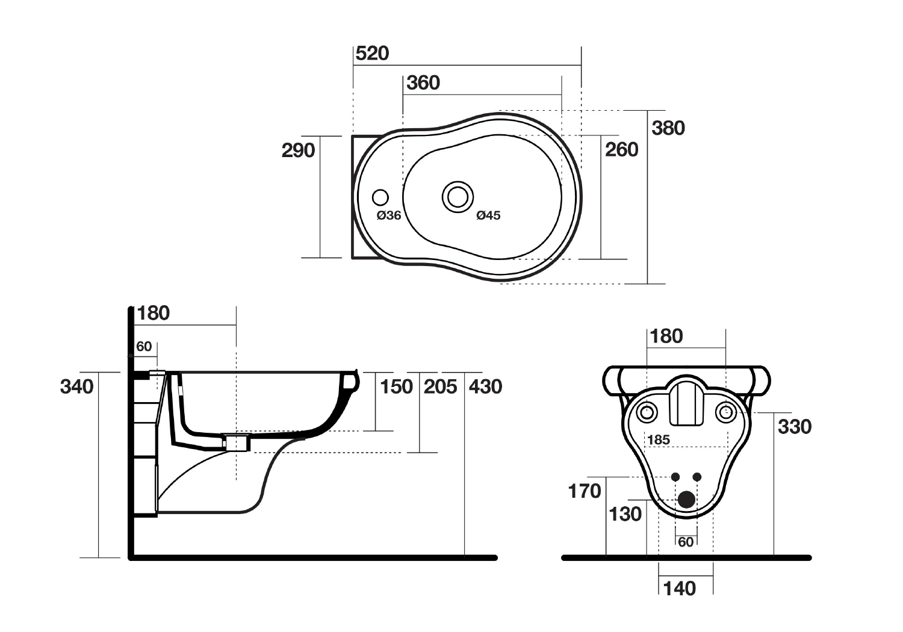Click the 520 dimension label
click(373, 54)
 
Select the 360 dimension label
click(423, 83)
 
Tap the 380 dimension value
click(668, 128)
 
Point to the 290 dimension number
click(299, 150)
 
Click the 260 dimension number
click(622, 150)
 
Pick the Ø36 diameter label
click(389, 215)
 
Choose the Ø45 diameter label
click(488, 215)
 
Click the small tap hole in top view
click(380, 197)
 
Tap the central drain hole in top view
click(458, 196)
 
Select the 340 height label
click(77, 386)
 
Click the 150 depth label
click(396, 386)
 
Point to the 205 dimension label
click(441, 386)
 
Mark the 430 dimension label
click(485, 386)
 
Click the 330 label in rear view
click(795, 427)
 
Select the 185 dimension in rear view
click(659, 440)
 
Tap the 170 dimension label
click(585, 492)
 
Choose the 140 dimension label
click(680, 588)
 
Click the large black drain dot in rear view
click(686, 500)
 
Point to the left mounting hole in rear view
click(647, 412)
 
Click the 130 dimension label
click(625, 515)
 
